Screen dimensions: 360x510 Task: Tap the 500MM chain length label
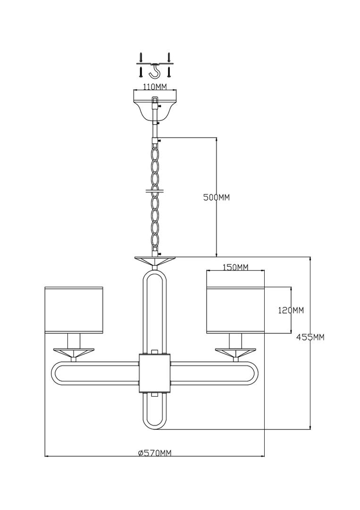217,197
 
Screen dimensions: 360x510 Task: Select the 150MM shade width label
235,267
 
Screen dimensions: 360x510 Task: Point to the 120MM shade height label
291,310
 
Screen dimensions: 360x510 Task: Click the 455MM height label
310,337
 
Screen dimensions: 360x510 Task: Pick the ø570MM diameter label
154,453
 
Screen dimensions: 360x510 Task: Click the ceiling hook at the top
155,71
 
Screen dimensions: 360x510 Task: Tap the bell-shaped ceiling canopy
155,104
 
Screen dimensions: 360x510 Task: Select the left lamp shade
74,310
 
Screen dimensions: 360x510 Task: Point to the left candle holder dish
74,352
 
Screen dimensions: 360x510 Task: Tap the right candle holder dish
235,352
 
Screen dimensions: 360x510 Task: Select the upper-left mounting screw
141,57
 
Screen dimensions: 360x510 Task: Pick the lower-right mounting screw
169,72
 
